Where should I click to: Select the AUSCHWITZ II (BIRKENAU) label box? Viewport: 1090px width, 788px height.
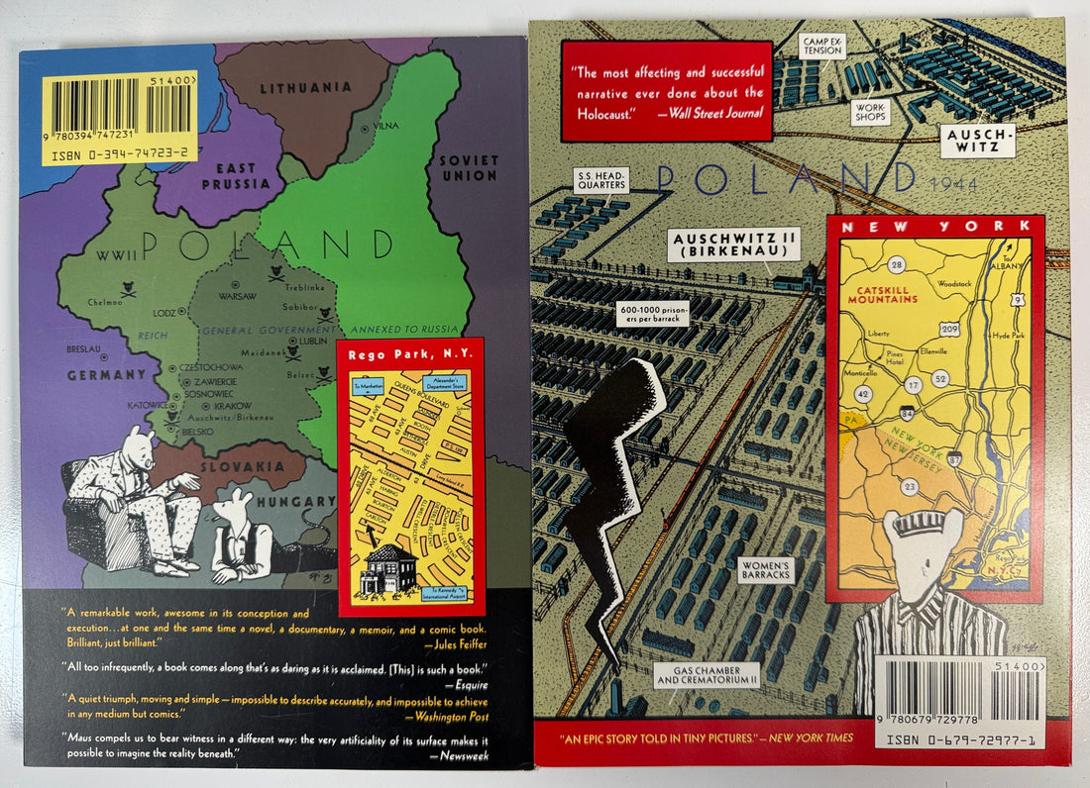(x=735, y=245)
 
